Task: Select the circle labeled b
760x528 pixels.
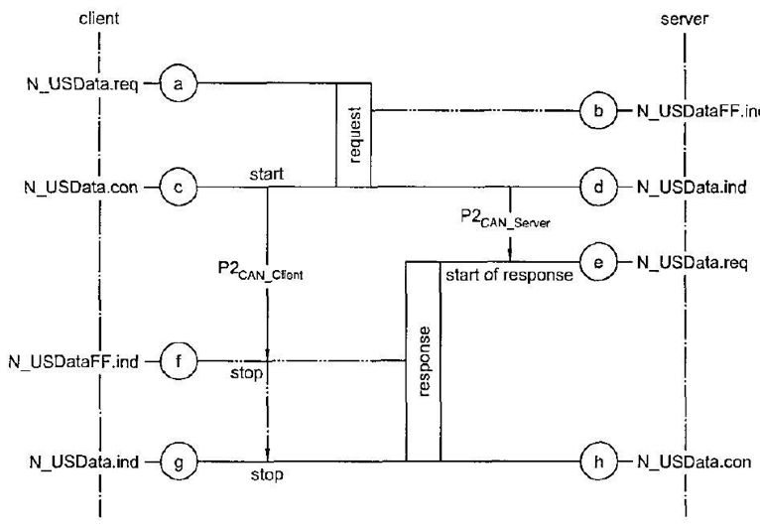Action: [x=597, y=110]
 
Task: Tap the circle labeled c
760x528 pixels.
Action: [x=179, y=185]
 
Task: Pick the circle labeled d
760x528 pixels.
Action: [x=597, y=185]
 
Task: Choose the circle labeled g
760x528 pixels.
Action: [x=179, y=462]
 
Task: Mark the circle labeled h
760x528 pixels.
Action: [x=597, y=462]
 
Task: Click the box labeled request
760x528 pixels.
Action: [x=353, y=134]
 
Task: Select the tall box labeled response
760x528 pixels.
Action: [x=423, y=361]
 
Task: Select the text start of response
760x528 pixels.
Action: [x=509, y=275]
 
